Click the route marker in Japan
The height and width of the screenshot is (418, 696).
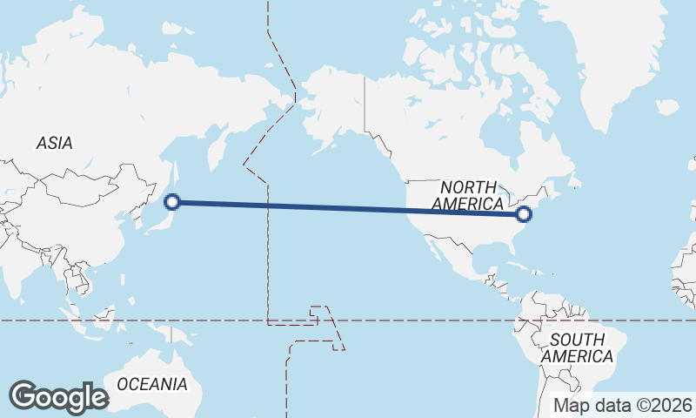(x=172, y=202)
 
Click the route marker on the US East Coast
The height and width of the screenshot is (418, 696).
(x=524, y=213)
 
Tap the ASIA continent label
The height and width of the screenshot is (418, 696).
(x=54, y=144)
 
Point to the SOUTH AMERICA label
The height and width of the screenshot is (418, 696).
(x=576, y=347)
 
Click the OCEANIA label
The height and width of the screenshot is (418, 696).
(x=152, y=384)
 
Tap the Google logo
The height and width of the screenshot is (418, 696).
(x=58, y=397)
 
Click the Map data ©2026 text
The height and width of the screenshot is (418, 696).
(x=623, y=405)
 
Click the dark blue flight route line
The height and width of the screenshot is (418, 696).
(x=348, y=207)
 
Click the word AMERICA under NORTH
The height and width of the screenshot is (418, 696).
(x=468, y=204)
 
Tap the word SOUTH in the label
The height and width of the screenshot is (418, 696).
(x=576, y=340)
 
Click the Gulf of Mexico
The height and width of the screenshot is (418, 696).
(x=483, y=253)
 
